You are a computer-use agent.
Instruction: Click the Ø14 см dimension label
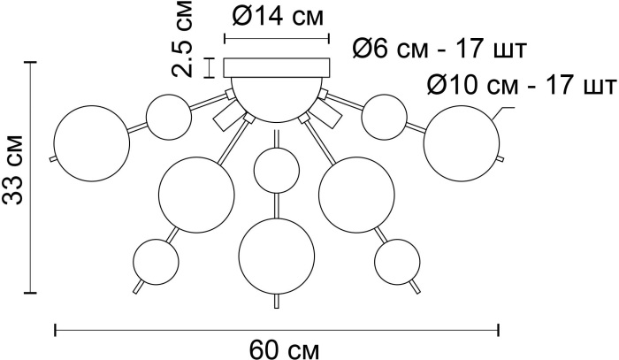click(278, 17)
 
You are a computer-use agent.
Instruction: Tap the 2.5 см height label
click(182, 39)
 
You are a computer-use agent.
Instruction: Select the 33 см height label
click(13, 170)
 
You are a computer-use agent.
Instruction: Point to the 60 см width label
click(284, 349)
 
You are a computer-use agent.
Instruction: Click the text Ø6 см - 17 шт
click(439, 50)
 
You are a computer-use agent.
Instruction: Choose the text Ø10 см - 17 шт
click(522, 85)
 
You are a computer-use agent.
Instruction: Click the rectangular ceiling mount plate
click(277, 67)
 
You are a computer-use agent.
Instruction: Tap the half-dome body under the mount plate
click(277, 99)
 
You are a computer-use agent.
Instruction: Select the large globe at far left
click(92, 143)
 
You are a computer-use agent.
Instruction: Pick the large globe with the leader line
click(462, 143)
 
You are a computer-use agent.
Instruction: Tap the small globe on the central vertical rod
click(276, 171)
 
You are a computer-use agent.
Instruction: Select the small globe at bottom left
click(156, 261)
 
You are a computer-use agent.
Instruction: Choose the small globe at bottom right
click(397, 262)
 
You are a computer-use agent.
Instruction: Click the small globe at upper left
click(169, 117)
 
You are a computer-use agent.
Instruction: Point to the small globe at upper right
click(384, 117)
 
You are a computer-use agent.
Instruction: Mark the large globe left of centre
click(196, 195)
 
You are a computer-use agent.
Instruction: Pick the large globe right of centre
click(356, 195)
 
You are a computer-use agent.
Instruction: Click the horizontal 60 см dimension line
click(277, 330)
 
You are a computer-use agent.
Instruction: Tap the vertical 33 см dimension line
click(30, 178)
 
